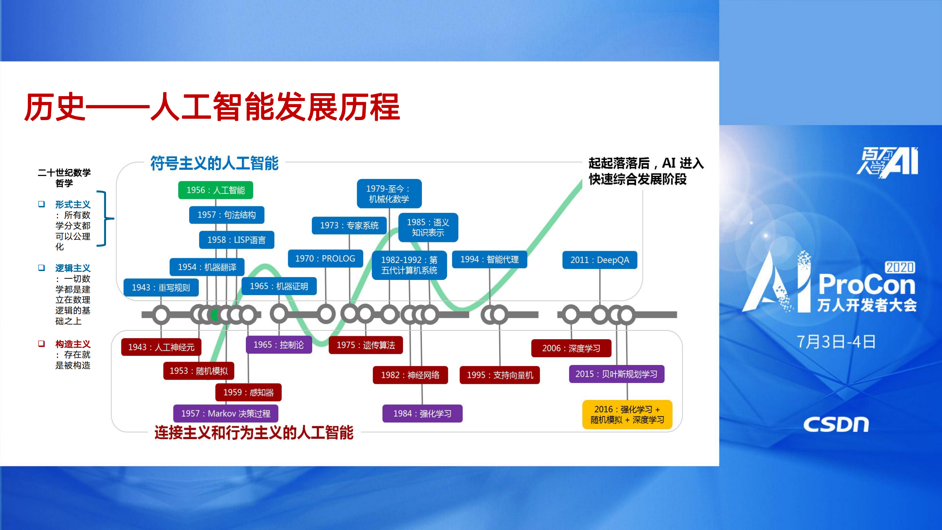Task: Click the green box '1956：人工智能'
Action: point(215,190)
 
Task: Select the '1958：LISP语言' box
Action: point(236,240)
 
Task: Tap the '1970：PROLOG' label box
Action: point(325,259)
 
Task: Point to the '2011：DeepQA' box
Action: point(599,260)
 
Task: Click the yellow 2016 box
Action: point(627,414)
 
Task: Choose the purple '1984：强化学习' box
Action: point(422,414)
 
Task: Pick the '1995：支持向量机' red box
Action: point(500,375)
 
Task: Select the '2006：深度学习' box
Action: point(571,348)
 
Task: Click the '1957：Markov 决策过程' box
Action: point(226,414)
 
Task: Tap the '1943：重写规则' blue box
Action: point(161,287)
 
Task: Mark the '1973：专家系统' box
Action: point(349,225)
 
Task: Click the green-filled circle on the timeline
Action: point(215,315)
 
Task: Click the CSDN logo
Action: point(836,425)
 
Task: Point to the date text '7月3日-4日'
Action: point(836,342)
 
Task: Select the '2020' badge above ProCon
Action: point(900,267)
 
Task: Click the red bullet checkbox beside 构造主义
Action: point(42,344)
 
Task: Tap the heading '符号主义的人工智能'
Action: point(214,163)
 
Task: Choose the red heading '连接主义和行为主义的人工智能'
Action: point(254,432)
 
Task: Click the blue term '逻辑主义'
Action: point(73,268)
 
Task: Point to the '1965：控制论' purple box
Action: point(279,345)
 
